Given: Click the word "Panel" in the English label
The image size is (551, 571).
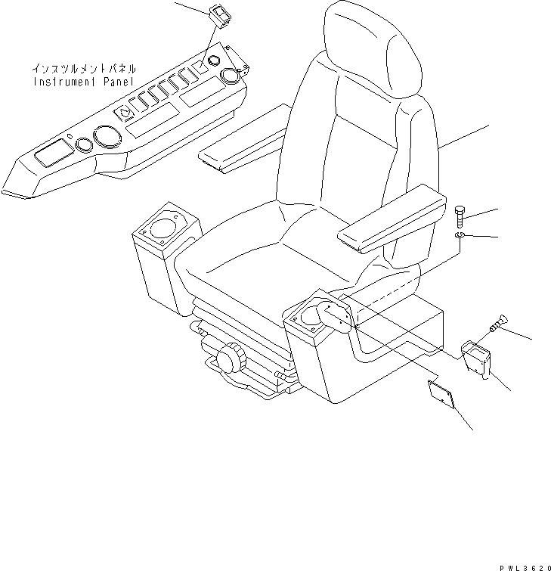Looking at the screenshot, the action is [113, 81].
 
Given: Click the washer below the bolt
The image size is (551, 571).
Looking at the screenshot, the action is [461, 240].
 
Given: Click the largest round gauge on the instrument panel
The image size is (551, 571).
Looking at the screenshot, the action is [105, 139].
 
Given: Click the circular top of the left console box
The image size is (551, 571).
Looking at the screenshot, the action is [162, 226].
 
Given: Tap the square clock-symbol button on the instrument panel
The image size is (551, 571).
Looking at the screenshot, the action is [125, 113].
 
